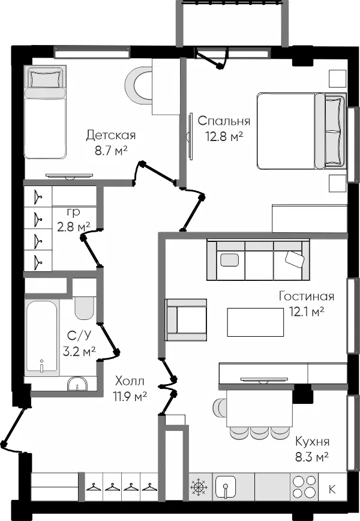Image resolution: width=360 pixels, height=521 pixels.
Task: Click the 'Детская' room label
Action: pos(111,135)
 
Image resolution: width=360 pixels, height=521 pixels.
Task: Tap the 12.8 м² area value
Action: pos(224,136)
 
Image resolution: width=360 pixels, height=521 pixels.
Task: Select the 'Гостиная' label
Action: pos(307,296)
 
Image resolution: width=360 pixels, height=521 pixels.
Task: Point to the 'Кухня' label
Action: pos(313,442)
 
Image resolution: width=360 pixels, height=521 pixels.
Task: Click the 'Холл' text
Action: pos(130,381)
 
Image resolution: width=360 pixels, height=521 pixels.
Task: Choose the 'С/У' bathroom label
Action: pos(79,336)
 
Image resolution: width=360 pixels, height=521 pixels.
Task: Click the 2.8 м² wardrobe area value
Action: pos(74,227)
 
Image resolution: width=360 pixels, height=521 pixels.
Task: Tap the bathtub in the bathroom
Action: pos(41,338)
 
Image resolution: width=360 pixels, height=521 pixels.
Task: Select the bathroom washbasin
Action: pos(77,384)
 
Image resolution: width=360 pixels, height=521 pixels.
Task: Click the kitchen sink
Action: pos(226,487)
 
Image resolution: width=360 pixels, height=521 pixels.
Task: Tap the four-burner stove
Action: pos(304,486)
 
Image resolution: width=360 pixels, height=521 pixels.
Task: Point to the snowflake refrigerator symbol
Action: pos(199,487)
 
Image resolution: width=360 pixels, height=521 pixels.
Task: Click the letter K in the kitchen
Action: pos(332,489)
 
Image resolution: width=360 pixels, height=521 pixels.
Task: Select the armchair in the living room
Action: pos(187,320)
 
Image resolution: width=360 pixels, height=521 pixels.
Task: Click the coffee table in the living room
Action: pos(256,322)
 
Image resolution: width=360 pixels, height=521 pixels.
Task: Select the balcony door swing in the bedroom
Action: pos(212,58)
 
